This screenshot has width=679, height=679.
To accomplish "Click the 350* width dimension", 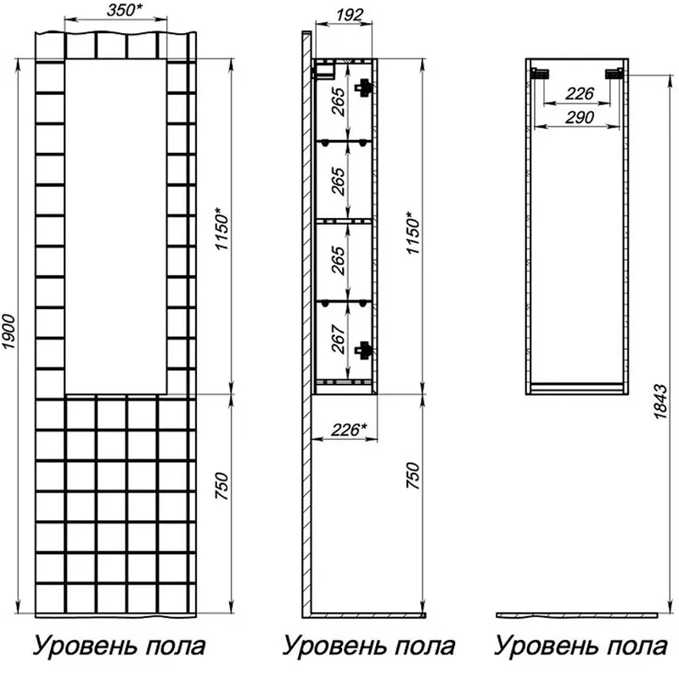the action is pyautogui.click(x=125, y=10).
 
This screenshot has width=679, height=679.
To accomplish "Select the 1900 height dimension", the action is pyautogui.click(x=9, y=333).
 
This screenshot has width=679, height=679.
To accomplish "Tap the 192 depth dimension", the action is pyautogui.click(x=349, y=15).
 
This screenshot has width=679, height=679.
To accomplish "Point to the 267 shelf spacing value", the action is pyautogui.click(x=339, y=339).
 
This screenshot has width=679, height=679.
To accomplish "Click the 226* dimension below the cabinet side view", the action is pyautogui.click(x=349, y=429).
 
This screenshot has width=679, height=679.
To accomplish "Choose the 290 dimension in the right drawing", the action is pyautogui.click(x=580, y=117).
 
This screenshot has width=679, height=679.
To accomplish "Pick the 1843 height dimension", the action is pyautogui.click(x=661, y=401).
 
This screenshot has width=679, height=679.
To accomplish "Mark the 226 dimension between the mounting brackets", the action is pyautogui.click(x=580, y=93).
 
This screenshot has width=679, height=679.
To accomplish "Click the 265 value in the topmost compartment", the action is pyautogui.click(x=339, y=102).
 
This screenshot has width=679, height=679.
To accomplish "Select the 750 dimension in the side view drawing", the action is pyautogui.click(x=412, y=475).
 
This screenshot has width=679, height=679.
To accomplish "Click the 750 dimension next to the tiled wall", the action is pyautogui.click(x=222, y=486).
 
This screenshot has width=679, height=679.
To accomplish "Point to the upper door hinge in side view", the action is pyautogui.click(x=363, y=87).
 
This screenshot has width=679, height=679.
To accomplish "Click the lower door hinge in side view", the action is pyautogui.click(x=363, y=350).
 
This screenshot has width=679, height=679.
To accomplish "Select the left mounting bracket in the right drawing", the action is pyautogui.click(x=541, y=74).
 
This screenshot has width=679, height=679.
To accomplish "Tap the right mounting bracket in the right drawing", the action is pyautogui.click(x=614, y=74).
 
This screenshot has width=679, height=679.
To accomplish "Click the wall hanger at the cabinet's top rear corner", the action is pyautogui.click(x=324, y=71).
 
